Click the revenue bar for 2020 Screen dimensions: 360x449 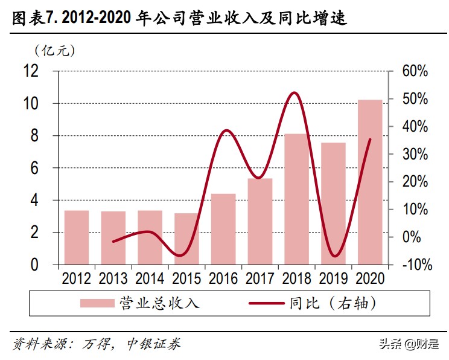[x=370, y=182]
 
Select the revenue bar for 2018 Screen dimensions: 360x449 [x=296, y=199]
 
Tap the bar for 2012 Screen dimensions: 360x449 [x=76, y=237]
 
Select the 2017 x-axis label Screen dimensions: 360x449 [x=260, y=279]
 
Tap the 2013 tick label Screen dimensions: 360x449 [x=113, y=279]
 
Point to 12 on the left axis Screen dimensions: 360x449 [x=31, y=71]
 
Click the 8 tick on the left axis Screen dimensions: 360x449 [x=36, y=136]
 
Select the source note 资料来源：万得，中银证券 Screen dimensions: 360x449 [x=97, y=345]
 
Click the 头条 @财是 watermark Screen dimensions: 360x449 [x=409, y=345]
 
